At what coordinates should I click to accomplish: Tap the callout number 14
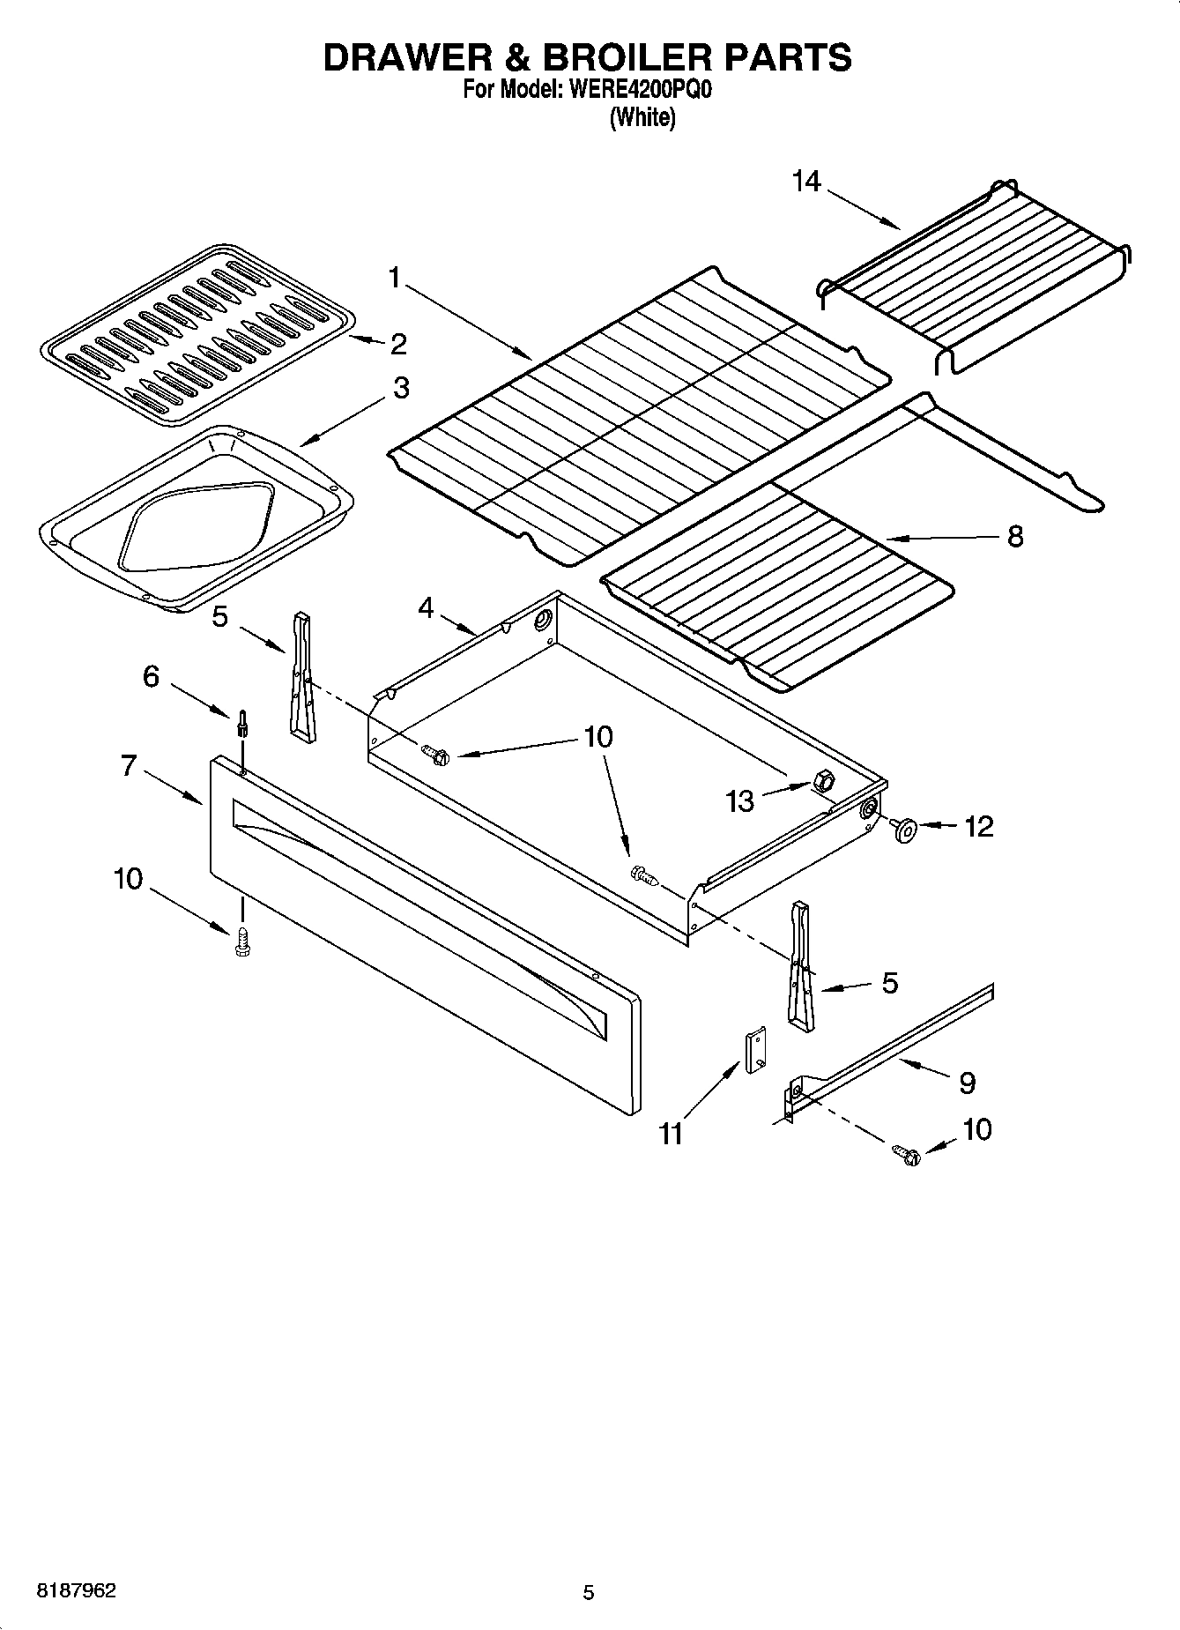805,182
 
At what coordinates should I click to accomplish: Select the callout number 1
395,279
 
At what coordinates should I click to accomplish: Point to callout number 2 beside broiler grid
398,345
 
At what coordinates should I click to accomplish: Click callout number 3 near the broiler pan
401,388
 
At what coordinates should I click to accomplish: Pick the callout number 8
1015,536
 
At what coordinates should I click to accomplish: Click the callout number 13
740,800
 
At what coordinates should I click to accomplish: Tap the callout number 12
979,826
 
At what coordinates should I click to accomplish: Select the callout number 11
672,1134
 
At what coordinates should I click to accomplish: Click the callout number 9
967,1083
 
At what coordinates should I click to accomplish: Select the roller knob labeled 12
903,830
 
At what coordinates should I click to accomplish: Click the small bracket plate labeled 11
756,1051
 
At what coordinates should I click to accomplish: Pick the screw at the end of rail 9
905,1154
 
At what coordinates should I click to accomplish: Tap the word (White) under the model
642,117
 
